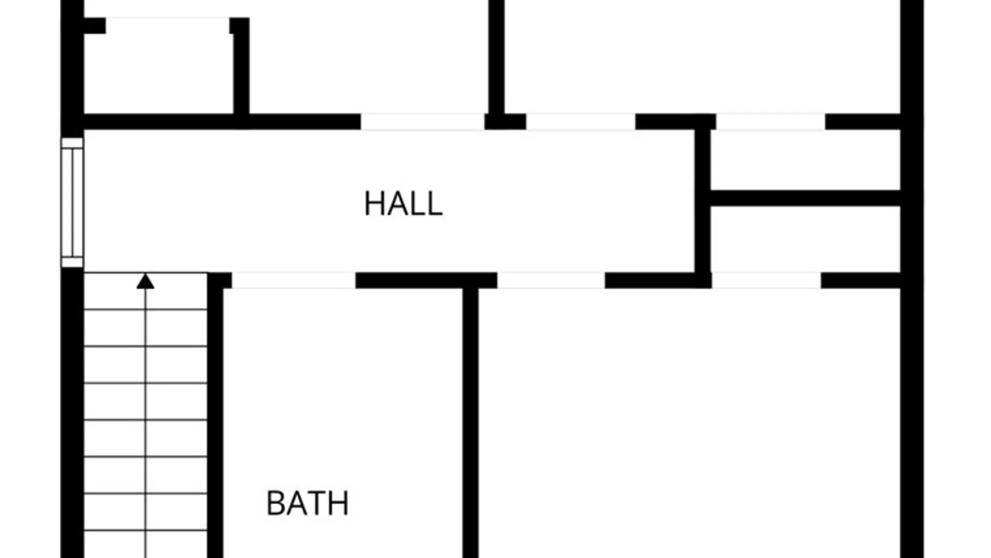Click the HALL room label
pyautogui.click(x=403, y=204)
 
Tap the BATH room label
pyautogui.click(x=308, y=503)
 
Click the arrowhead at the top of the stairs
pyautogui.click(x=146, y=281)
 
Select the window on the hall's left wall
pyautogui.click(x=72, y=203)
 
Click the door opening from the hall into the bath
pyautogui.click(x=294, y=281)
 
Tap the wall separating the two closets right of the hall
pyautogui.click(x=806, y=198)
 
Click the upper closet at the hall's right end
pyautogui.click(x=806, y=160)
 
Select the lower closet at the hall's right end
pyautogui.click(x=806, y=239)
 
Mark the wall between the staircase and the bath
pyautogui.click(x=215, y=416)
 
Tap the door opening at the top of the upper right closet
pyautogui.click(x=771, y=121)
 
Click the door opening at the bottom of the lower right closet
pyautogui.click(x=766, y=281)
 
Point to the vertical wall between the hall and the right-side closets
pyautogui.click(x=702, y=201)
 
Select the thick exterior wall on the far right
pyautogui.click(x=912, y=279)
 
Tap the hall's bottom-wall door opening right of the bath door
pyautogui.click(x=551, y=281)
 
